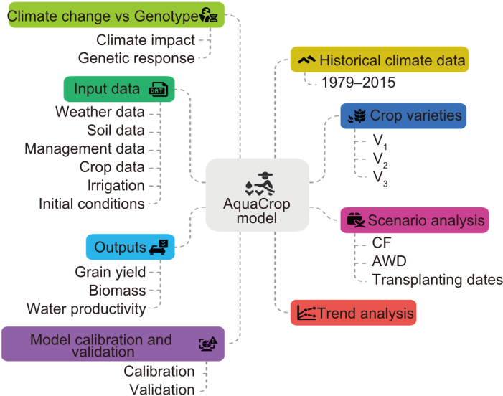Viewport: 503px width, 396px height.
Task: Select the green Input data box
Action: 118,89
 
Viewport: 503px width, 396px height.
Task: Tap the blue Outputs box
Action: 130,247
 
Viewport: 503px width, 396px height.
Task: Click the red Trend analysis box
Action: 354,313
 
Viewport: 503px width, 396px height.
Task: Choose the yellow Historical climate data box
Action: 380,60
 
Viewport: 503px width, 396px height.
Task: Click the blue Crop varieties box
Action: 403,115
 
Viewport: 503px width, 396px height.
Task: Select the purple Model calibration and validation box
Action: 113,344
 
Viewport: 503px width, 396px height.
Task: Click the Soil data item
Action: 115,130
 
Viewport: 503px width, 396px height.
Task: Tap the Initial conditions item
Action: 92,204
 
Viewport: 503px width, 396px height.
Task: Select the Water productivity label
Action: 86,308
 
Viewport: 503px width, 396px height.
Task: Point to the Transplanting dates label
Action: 438,279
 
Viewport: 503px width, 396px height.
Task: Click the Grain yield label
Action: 110,271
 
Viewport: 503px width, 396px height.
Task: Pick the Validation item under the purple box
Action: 161,389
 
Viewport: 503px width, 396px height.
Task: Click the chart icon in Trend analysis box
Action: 306,313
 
